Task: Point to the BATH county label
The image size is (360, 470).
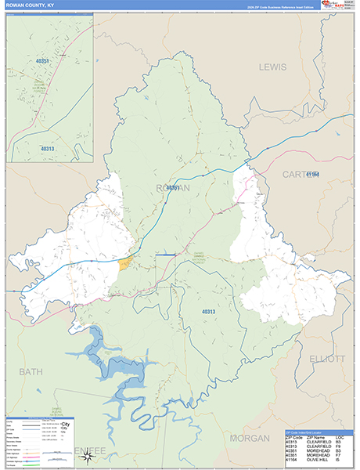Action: [31, 371]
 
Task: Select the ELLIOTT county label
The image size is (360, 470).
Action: [326, 359]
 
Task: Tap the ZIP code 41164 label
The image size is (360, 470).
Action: [314, 173]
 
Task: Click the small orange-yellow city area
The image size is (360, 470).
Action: [124, 263]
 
